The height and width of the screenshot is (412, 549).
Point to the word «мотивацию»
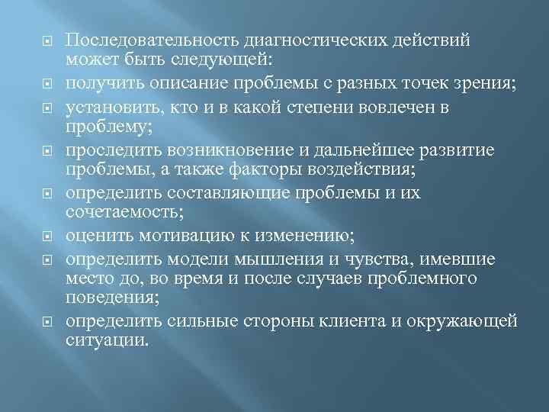[x=197, y=234]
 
